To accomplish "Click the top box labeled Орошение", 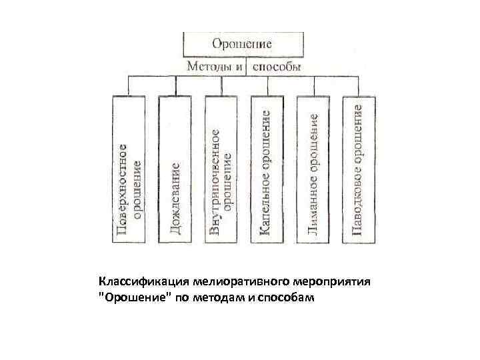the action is tap(241, 45).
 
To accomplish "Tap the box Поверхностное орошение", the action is tap(129, 170).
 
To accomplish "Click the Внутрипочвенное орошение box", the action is tap(221, 170).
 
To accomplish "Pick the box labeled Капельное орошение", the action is tap(267, 170).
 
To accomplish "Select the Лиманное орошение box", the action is tap(313, 170).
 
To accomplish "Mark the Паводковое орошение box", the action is tap(359, 170).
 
